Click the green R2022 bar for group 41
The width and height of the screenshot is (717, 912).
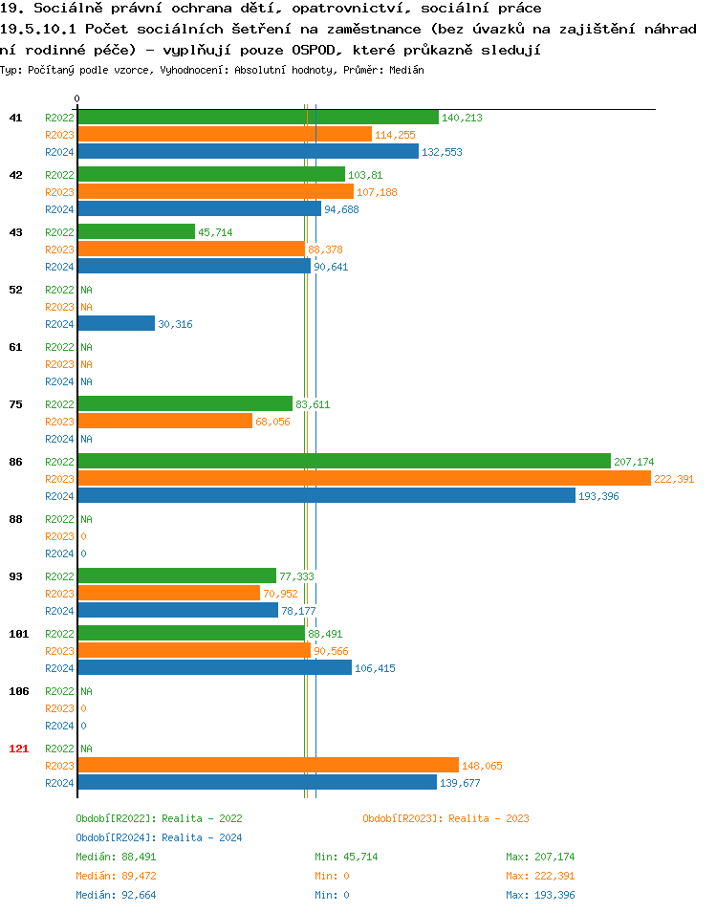258,118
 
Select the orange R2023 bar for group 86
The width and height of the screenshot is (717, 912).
363,479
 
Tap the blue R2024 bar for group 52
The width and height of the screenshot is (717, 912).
116,324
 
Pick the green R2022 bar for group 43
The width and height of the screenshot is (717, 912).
136,232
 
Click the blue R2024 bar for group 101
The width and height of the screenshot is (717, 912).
214,668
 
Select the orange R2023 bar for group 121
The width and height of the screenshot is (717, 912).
268,766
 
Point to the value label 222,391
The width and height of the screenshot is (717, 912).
673,479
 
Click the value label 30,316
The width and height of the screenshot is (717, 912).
175,324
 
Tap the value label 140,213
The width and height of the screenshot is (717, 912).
462,118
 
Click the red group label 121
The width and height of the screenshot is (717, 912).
18,749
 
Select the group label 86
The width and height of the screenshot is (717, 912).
15,462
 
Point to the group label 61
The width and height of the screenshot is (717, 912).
15,347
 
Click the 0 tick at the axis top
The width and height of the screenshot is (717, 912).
77,98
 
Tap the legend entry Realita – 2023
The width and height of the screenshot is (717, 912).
445,818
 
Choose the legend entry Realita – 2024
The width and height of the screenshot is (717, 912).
159,837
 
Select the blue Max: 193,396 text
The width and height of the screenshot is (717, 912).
540,895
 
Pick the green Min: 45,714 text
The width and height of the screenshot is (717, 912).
346,857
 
